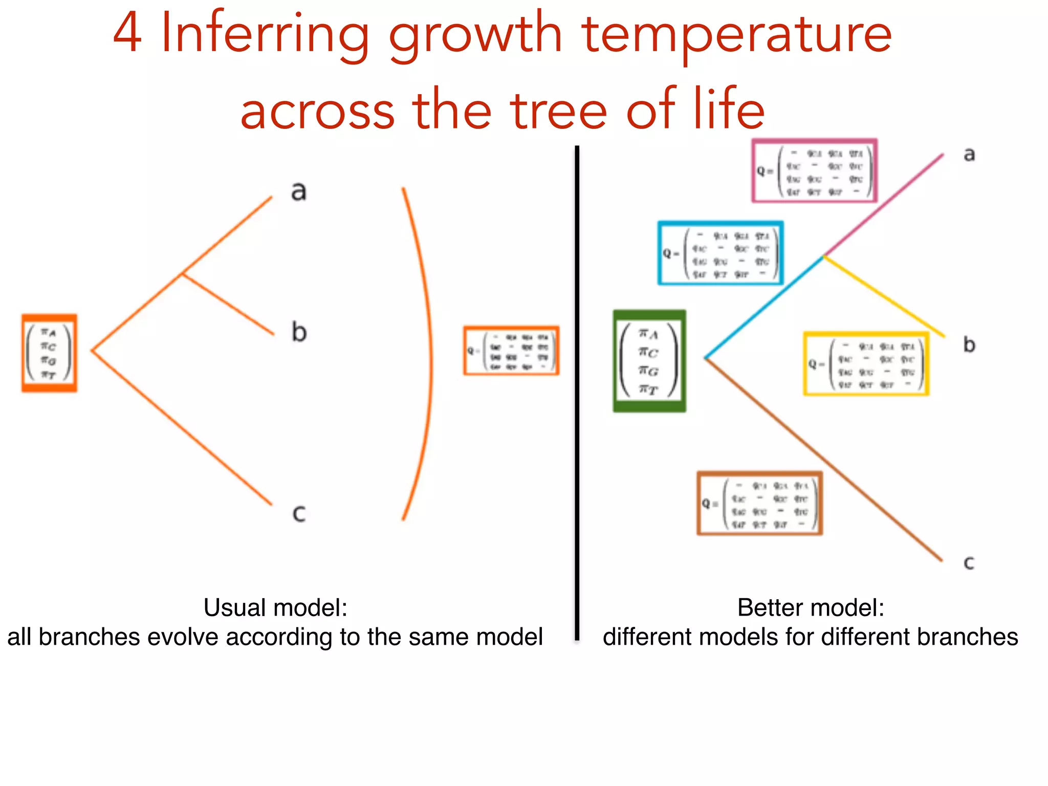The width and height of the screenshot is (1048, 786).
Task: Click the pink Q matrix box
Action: click(814, 171)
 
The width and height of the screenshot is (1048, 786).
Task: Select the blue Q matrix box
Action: click(720, 253)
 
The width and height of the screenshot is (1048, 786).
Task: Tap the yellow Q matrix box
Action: click(866, 364)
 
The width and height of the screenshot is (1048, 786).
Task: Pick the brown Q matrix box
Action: click(759, 504)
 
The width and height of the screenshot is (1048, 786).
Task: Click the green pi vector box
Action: click(649, 361)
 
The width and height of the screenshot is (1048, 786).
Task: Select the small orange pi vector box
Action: click(49, 353)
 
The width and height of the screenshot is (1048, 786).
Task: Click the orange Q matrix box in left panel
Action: click(511, 351)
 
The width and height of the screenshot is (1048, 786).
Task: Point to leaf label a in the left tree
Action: click(299, 191)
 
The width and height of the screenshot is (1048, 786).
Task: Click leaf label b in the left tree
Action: click(299, 332)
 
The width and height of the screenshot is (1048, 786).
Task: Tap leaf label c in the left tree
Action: click(299, 513)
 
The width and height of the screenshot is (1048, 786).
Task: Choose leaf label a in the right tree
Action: click(969, 154)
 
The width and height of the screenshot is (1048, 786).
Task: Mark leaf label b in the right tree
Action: click(969, 344)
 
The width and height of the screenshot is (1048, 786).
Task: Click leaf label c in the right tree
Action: click(969, 563)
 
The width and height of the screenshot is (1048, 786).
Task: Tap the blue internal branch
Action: click(765, 306)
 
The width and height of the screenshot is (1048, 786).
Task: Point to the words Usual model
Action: click(275, 608)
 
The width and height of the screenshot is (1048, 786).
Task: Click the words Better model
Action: click(811, 608)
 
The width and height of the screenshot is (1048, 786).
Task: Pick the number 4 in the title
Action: click(127, 34)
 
